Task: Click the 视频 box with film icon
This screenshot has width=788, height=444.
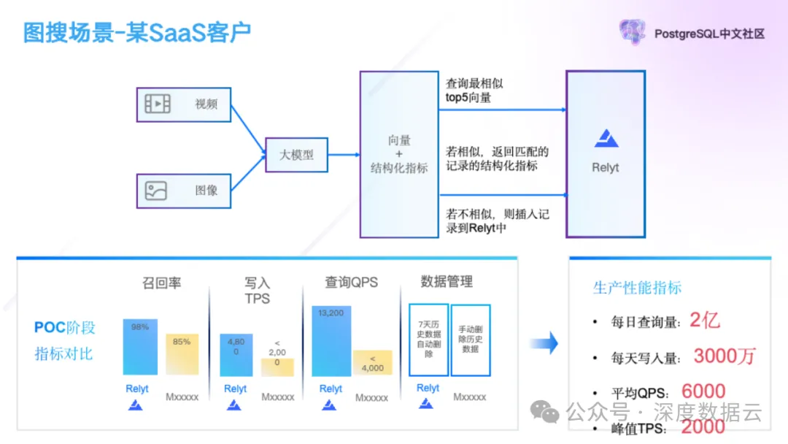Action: click(x=183, y=104)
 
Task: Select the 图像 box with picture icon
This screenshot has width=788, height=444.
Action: click(x=183, y=191)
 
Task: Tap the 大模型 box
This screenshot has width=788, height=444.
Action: click(x=296, y=155)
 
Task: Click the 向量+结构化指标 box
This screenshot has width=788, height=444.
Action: click(x=398, y=154)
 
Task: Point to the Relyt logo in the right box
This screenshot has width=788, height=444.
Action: click(x=605, y=138)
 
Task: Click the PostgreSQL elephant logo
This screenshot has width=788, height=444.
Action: click(x=633, y=32)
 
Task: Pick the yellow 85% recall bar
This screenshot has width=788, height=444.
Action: click(x=182, y=355)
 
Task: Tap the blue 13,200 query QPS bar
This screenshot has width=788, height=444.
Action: click(x=331, y=341)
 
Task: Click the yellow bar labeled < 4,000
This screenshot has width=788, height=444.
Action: click(x=373, y=363)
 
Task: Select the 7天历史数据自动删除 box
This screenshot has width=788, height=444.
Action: click(x=428, y=340)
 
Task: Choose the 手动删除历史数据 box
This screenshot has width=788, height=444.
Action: click(x=471, y=340)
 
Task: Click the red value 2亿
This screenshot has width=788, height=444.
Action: click(x=705, y=320)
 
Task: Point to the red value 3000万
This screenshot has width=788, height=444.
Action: click(x=724, y=356)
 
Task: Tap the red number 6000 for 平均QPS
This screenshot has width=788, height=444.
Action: click(x=703, y=392)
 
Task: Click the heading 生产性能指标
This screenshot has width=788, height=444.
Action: click(x=637, y=287)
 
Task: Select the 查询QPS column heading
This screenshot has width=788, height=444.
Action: click(x=351, y=282)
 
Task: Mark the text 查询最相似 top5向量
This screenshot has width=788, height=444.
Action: click(x=474, y=90)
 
